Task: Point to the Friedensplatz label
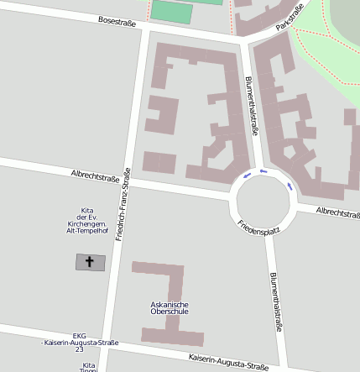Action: coord(258,228)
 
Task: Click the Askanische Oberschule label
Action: coord(169,308)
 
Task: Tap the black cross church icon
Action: coord(91,262)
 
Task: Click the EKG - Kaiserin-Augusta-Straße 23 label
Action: coord(80,342)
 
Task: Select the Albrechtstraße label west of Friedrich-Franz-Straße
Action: coord(94,177)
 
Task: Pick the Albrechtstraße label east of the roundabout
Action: coord(339,213)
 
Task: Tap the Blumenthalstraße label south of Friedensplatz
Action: coord(274,303)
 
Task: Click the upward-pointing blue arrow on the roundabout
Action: coord(246,176)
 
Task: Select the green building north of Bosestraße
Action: coord(172,11)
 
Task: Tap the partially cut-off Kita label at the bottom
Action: coord(88,367)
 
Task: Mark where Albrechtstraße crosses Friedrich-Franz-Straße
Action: coord(127,181)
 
